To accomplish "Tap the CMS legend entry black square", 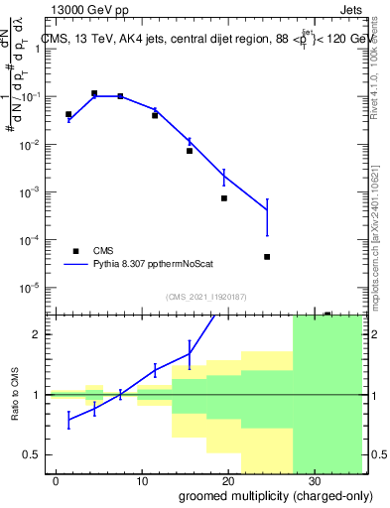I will pos(75,251).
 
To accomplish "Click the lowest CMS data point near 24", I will pos(267,257).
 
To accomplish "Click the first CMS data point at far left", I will pos(68,115).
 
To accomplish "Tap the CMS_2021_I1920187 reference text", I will pos(205,297).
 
